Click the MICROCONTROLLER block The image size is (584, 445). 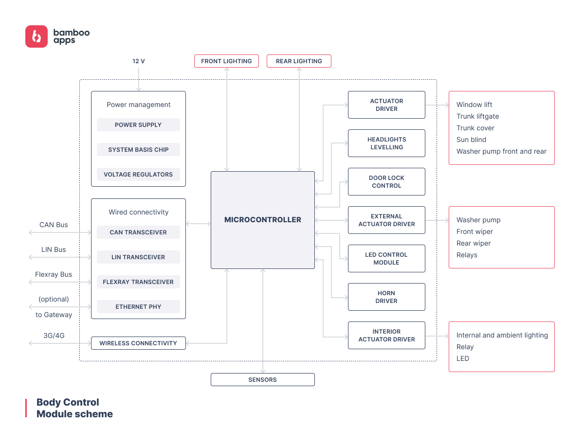point(262,220)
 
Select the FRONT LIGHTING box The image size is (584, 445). point(226,61)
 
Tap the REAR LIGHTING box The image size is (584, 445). point(299,61)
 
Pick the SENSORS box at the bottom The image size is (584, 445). point(262,380)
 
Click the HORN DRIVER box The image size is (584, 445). point(386,297)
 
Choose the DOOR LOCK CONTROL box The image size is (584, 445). point(386,182)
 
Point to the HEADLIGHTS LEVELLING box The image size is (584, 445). point(386,143)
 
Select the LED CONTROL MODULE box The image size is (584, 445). point(386,259)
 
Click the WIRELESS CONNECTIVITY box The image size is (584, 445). point(138,343)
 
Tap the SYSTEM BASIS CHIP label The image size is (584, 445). point(138,150)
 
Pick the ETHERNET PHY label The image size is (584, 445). point(138,307)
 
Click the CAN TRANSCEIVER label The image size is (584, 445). point(138,232)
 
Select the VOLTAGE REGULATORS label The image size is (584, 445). point(138,175)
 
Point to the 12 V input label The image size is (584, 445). point(139,61)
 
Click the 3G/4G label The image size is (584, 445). point(54,335)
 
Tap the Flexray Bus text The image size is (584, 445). point(54,274)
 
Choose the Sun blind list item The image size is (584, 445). point(471,140)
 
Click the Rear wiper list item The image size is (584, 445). point(474,243)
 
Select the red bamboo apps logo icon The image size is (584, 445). point(36,36)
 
